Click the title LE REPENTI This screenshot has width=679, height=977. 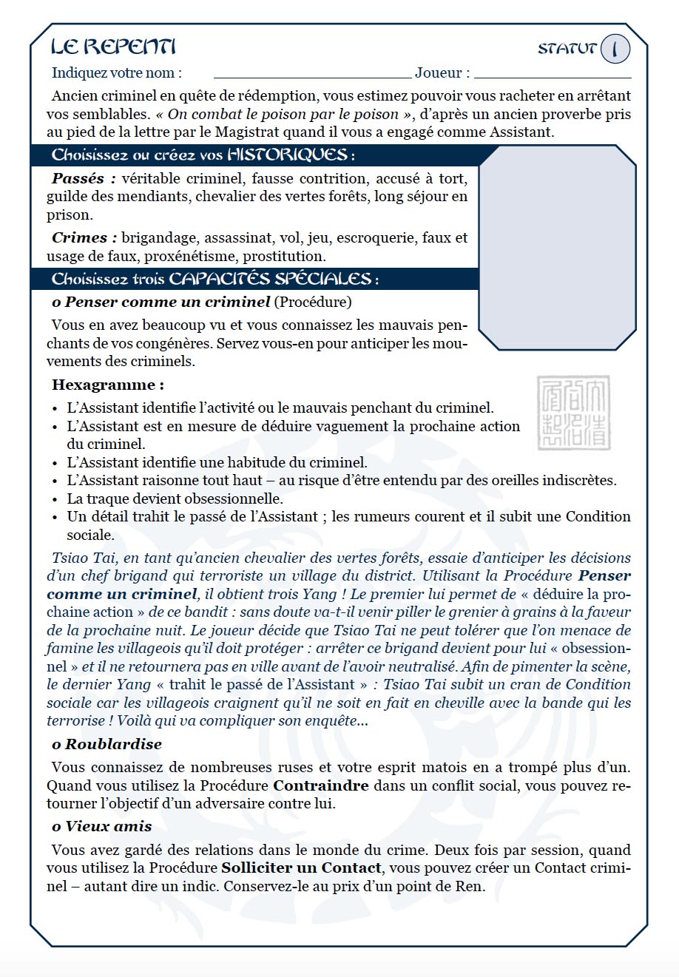tap(113, 47)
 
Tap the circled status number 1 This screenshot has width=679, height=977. tap(615, 49)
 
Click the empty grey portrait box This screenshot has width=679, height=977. tap(557, 247)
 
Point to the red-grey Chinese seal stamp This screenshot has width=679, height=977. tap(574, 413)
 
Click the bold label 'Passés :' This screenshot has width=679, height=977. tap(84, 178)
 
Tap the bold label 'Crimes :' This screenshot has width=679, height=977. tap(84, 237)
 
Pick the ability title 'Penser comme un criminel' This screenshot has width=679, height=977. tap(167, 302)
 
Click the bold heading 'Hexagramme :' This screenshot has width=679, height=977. tap(108, 385)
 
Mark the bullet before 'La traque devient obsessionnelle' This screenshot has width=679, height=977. tap(55, 499)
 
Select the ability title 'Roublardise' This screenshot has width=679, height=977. tap(113, 744)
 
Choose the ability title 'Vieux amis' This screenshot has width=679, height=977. tap(109, 826)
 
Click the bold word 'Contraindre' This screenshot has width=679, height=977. tap(321, 785)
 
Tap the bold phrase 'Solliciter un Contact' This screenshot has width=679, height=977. tap(302, 868)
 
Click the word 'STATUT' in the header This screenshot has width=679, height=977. tap(567, 49)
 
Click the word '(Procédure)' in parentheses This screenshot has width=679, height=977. tap(313, 302)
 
